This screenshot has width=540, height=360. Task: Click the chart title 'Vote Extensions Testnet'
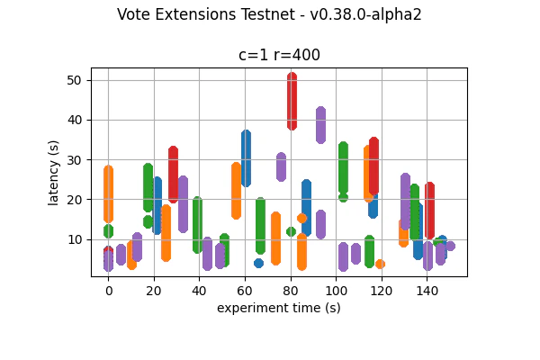269,14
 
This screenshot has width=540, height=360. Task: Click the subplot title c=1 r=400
279,55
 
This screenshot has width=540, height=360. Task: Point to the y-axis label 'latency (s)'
54,172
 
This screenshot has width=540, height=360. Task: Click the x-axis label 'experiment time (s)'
278,308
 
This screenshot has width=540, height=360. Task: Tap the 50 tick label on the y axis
75,80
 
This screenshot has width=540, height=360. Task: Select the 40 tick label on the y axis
75,120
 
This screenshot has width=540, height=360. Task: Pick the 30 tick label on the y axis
75,159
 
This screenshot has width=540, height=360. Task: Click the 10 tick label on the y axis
75,239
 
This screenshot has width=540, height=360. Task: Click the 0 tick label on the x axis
108,291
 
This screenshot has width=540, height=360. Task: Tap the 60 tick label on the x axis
245,291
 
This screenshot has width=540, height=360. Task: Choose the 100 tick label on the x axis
336,291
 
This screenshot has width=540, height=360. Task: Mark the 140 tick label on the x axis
427,291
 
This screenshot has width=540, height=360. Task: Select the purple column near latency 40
320,125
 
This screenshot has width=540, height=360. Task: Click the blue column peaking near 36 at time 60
246,158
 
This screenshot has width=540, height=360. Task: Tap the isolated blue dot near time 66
258,263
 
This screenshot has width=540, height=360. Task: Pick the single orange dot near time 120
381,264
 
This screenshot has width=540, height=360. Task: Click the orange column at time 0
108,193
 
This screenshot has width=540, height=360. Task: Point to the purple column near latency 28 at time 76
281,166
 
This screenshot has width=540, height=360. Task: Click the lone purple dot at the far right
450,246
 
